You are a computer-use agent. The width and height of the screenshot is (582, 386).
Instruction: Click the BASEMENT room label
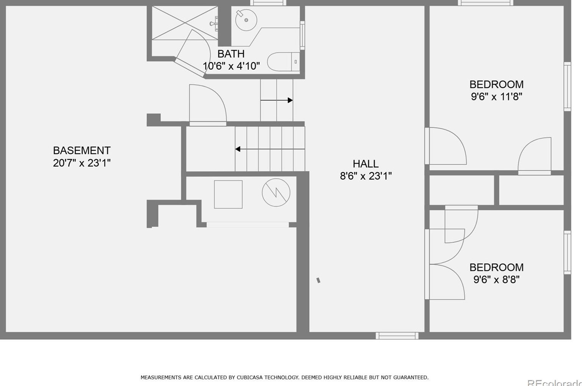tap(82, 150)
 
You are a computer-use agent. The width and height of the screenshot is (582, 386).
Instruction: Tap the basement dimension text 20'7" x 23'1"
tap(82, 163)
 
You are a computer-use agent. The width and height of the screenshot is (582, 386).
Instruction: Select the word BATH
tap(231, 54)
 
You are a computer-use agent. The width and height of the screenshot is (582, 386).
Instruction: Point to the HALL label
tap(366, 164)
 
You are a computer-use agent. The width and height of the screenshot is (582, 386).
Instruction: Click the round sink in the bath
tap(246, 20)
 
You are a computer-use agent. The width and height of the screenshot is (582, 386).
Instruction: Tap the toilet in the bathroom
tap(283, 62)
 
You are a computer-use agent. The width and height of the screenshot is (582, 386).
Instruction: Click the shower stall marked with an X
tap(185, 23)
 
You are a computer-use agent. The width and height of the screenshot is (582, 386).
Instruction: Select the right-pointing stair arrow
tap(277, 100)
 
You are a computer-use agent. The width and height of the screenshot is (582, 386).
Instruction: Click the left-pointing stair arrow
tap(270, 149)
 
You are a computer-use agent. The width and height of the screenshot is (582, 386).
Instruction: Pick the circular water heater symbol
tap(276, 192)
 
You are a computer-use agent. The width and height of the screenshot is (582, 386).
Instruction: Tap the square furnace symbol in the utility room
tap(228, 194)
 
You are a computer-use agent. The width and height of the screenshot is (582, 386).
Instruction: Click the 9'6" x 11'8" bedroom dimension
tap(497, 97)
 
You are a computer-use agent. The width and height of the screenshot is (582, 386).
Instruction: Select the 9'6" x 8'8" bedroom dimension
tap(497, 280)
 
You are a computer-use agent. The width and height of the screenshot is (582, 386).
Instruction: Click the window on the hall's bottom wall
tap(397, 336)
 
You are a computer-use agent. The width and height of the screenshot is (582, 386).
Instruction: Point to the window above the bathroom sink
tap(268, 3)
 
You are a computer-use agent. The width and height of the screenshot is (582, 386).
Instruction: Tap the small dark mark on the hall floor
tap(318, 280)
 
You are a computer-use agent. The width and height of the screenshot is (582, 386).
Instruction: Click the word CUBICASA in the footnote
tap(249, 377)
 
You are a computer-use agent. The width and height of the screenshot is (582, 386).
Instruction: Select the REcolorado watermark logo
tap(554, 383)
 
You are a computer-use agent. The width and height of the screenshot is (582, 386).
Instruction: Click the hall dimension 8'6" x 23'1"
tap(366, 176)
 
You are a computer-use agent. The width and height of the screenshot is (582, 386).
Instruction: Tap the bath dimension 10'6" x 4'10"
tap(231, 66)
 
